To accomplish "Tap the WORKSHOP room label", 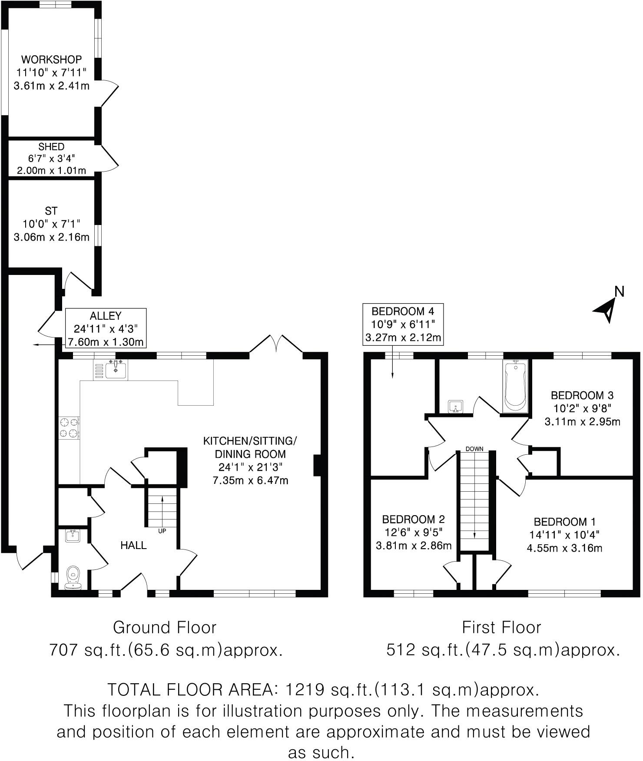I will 52,59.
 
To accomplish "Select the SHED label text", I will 51,147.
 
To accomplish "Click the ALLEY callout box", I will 105,328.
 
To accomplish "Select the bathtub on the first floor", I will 515,386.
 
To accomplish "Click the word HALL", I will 133,545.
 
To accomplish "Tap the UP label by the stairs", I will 162,530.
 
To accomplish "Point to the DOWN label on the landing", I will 474,449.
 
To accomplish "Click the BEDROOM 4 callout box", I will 403,324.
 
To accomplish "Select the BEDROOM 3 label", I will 582,395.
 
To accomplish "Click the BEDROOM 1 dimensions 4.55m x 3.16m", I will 564,548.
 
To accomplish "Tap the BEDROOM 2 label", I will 413,519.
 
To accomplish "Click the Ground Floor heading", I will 164,628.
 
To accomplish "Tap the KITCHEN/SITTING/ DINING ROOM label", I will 250,447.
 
